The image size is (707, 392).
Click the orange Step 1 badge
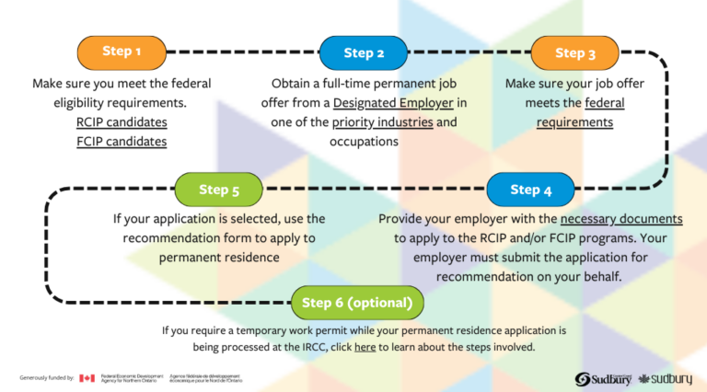point(122,52)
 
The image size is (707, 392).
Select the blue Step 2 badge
point(364,52)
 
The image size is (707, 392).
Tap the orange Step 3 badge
point(575,53)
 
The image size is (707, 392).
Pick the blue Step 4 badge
point(531,190)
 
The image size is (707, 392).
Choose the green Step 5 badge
point(219,190)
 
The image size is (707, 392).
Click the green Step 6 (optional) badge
point(357,302)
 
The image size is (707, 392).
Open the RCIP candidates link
point(122,122)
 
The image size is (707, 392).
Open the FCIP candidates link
point(122,142)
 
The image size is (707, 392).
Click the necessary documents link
point(621,219)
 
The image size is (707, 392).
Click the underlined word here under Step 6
point(365,347)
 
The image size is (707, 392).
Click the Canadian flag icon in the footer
point(87,378)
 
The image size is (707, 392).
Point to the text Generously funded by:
point(47,378)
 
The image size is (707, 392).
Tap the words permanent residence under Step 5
point(219,257)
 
